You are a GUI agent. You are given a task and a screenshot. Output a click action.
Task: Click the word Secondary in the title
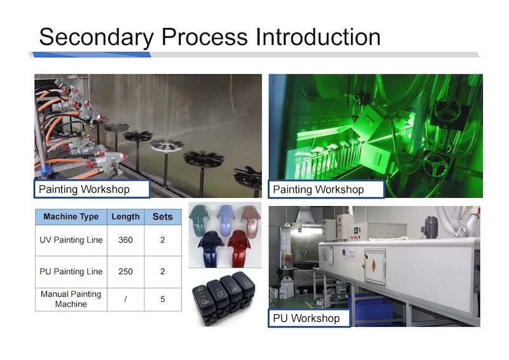click(x=97, y=38)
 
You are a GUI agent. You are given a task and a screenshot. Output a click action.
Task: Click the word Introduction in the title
click(x=318, y=37)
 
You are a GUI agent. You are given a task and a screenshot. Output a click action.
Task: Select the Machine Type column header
click(x=71, y=217)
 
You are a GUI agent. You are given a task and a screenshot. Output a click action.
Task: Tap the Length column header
click(x=125, y=217)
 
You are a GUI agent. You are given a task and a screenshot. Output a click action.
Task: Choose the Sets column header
click(x=163, y=217)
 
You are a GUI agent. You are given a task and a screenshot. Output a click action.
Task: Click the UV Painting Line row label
click(x=71, y=240)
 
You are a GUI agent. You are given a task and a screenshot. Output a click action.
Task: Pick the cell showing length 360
click(x=125, y=240)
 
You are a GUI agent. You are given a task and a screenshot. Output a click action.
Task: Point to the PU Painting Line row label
click(x=71, y=272)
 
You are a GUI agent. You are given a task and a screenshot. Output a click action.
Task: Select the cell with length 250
click(x=125, y=272)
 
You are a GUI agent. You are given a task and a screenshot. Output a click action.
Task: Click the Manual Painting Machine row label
click(x=71, y=299)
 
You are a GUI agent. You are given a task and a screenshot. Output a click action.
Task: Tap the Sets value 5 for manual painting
click(x=163, y=300)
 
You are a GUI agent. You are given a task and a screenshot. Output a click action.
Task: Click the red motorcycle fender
click(x=240, y=248)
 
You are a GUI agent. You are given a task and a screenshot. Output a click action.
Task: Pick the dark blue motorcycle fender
click(x=211, y=249)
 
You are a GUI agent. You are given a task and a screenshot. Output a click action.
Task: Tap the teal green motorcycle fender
click(x=200, y=218)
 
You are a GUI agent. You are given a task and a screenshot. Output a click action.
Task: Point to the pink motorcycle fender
click(x=251, y=221)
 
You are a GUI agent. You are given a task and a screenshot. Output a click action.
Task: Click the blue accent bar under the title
click(x=92, y=55)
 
